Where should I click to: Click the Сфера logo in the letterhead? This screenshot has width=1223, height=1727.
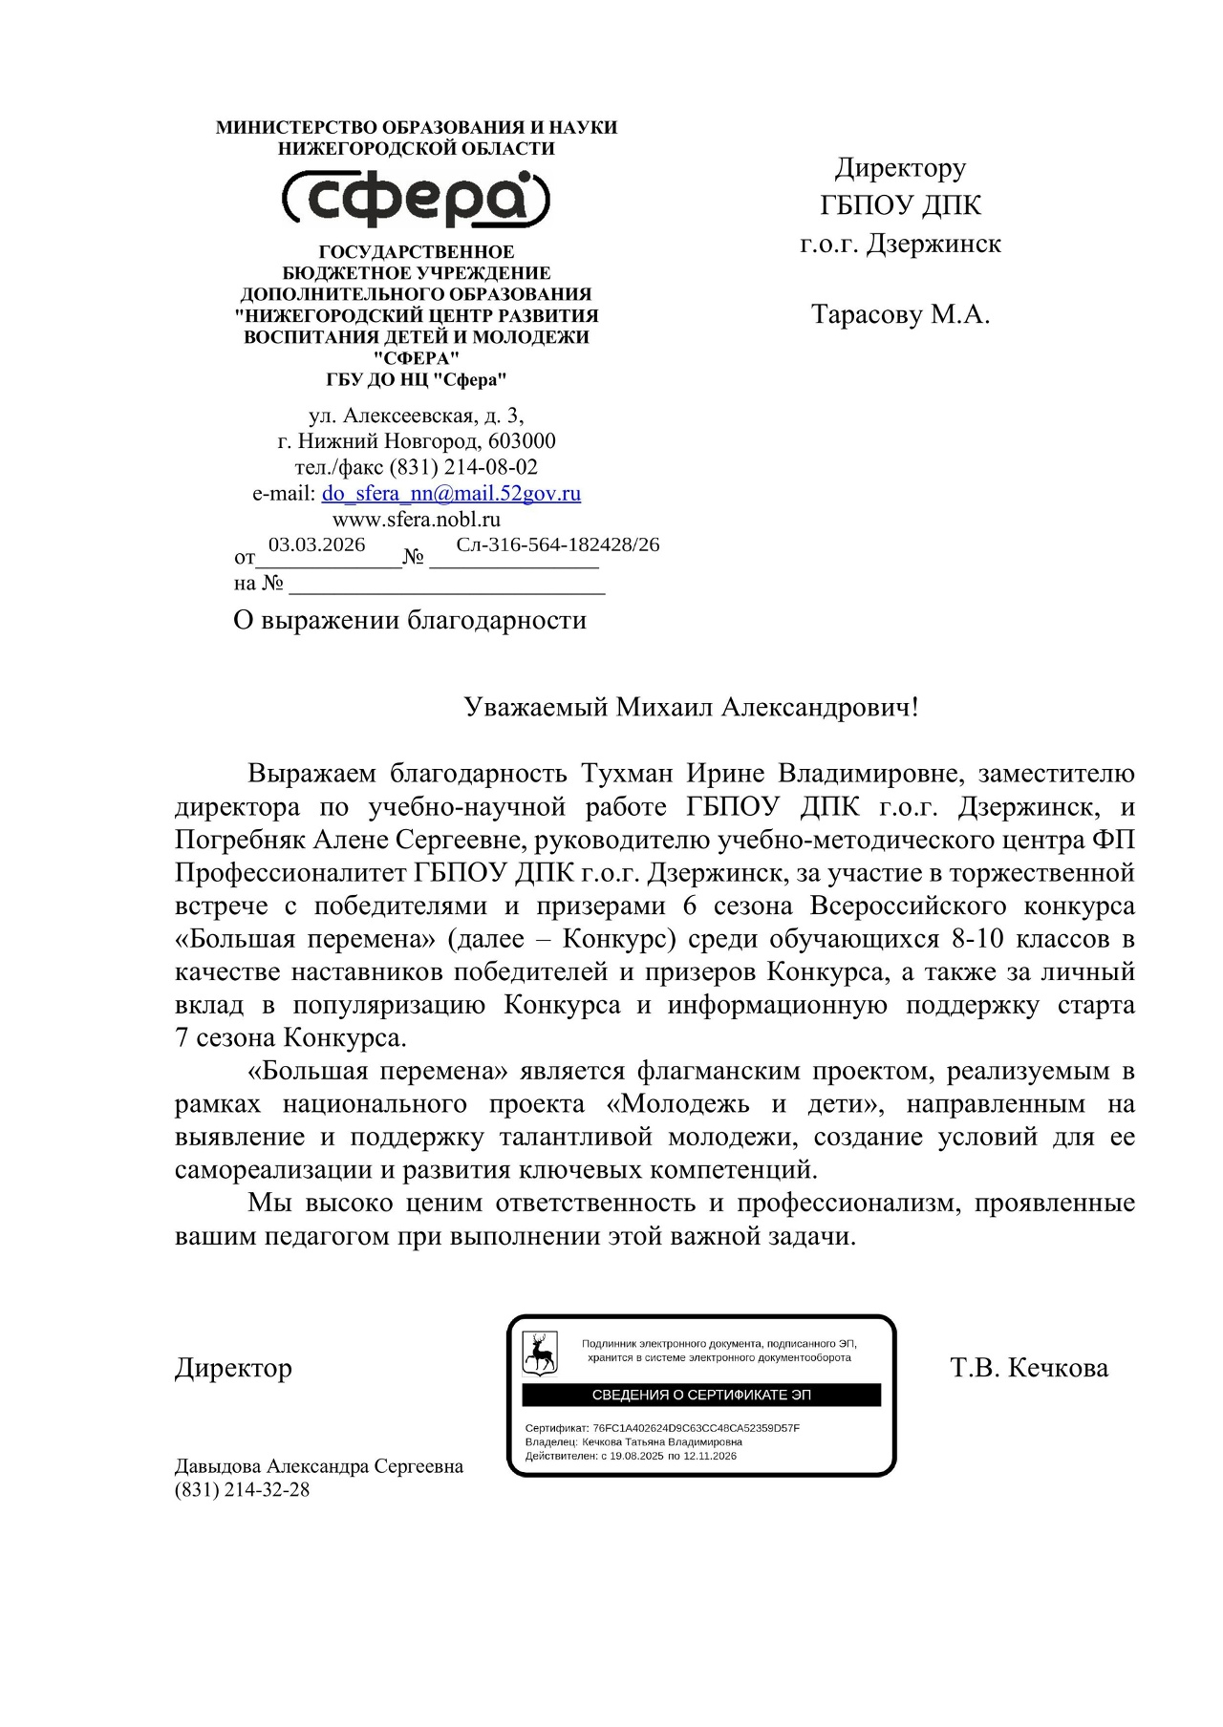[x=416, y=199]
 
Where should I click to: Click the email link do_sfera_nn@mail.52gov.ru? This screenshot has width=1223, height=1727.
[x=451, y=494]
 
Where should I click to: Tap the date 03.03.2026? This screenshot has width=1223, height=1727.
[x=316, y=544]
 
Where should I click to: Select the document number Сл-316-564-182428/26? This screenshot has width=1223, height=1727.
[x=557, y=544]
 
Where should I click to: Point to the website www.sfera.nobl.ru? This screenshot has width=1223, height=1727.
[x=416, y=520]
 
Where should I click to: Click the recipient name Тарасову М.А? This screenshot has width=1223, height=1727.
[x=900, y=314]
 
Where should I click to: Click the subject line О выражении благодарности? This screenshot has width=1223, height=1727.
[x=409, y=621]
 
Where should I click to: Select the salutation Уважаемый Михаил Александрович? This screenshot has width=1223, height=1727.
[x=690, y=708]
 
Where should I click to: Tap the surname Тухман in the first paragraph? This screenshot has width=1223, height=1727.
[x=628, y=773]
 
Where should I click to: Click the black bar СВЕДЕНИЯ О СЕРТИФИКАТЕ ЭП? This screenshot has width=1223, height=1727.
[x=700, y=1395]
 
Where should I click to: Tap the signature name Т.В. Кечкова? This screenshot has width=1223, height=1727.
[x=1029, y=1368]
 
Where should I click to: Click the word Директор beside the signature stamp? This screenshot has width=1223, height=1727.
[x=233, y=1368]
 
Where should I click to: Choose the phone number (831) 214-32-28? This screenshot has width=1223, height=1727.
[x=242, y=1489]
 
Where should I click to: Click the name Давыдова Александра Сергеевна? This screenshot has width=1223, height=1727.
[x=318, y=1466]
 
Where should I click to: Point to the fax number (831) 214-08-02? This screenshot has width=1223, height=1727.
[x=462, y=467]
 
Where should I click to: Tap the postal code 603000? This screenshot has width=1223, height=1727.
[x=522, y=441]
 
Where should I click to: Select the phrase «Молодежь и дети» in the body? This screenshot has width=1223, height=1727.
[x=742, y=1104]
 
